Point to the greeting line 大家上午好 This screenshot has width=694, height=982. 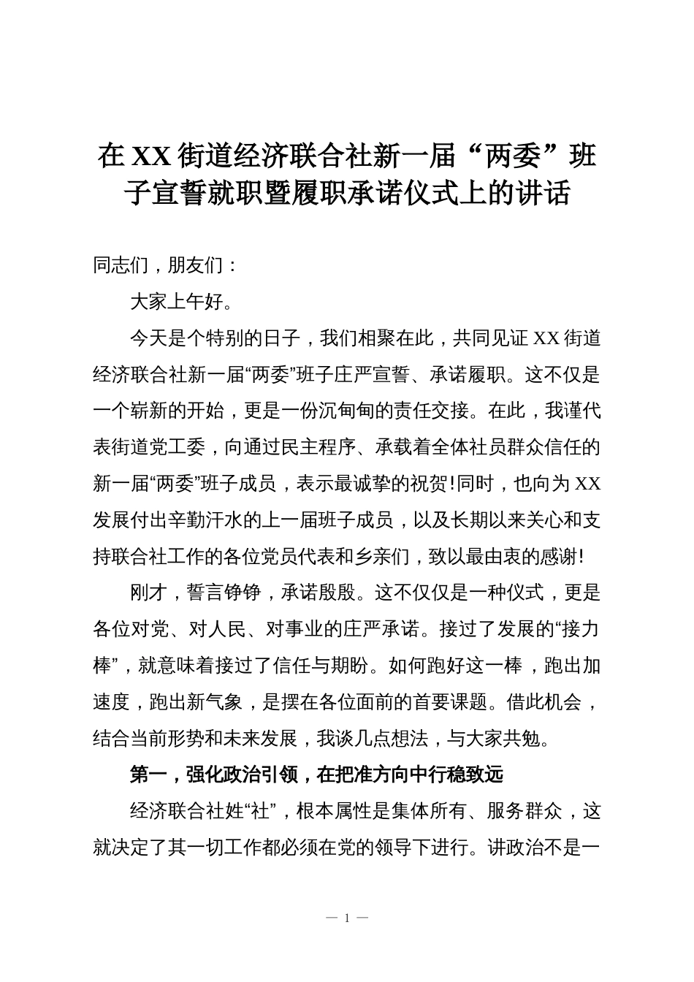[x=177, y=301]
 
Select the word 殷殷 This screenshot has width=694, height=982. [x=338, y=593]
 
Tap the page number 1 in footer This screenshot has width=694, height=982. [x=347, y=918]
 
